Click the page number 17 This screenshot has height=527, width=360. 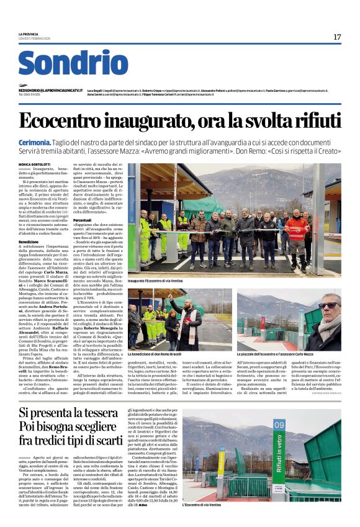[337, 37]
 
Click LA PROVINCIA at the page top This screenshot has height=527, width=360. [29, 34]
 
